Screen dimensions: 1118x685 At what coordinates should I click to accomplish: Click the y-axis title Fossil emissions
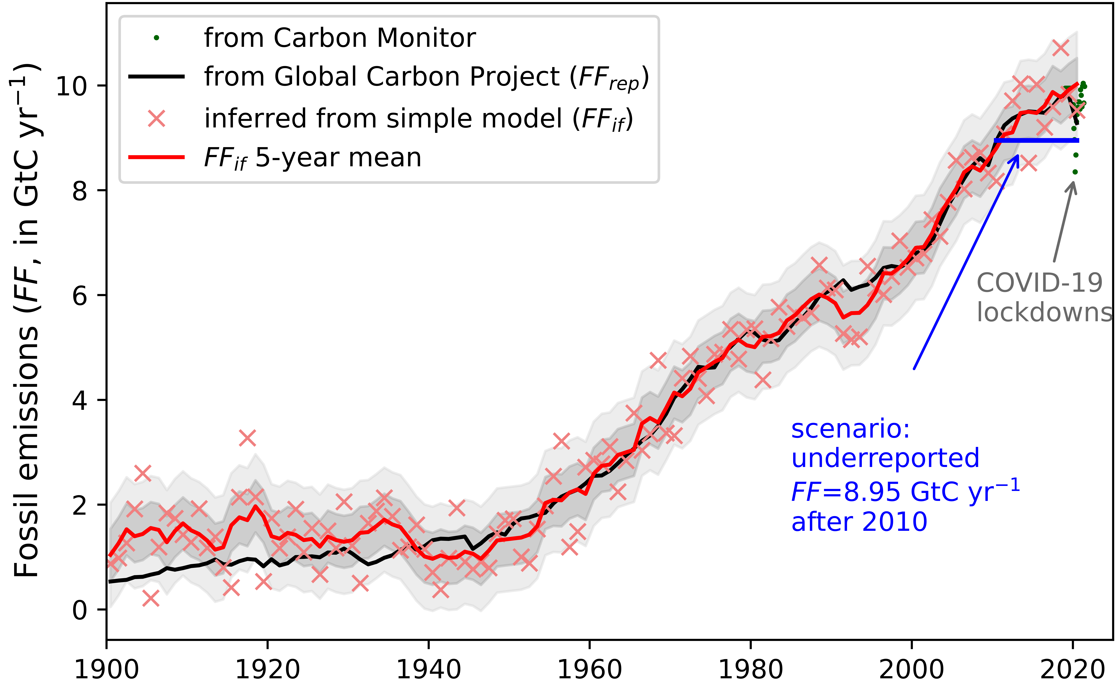26,452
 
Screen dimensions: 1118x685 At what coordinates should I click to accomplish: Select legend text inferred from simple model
418,119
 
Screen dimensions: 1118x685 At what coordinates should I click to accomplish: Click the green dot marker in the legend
157,38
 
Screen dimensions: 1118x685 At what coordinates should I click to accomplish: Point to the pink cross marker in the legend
157,119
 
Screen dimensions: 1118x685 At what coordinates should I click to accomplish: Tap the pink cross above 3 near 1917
247,438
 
